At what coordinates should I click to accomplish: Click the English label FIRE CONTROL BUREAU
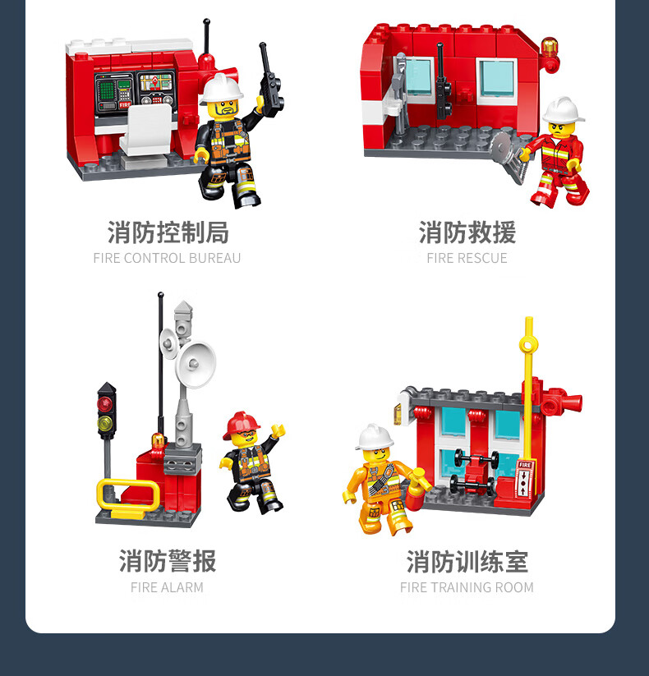(x=167, y=258)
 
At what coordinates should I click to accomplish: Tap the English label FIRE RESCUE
(x=467, y=258)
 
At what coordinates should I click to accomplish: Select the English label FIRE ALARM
(x=167, y=587)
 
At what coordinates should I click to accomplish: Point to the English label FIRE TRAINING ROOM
(x=467, y=587)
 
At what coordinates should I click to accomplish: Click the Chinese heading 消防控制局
(x=168, y=232)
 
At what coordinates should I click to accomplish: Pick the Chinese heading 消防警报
(x=168, y=561)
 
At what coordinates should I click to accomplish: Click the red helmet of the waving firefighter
(x=241, y=424)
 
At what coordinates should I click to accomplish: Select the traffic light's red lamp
(x=105, y=403)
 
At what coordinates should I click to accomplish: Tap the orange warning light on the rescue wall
(x=550, y=47)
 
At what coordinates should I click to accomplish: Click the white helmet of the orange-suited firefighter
(x=374, y=437)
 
